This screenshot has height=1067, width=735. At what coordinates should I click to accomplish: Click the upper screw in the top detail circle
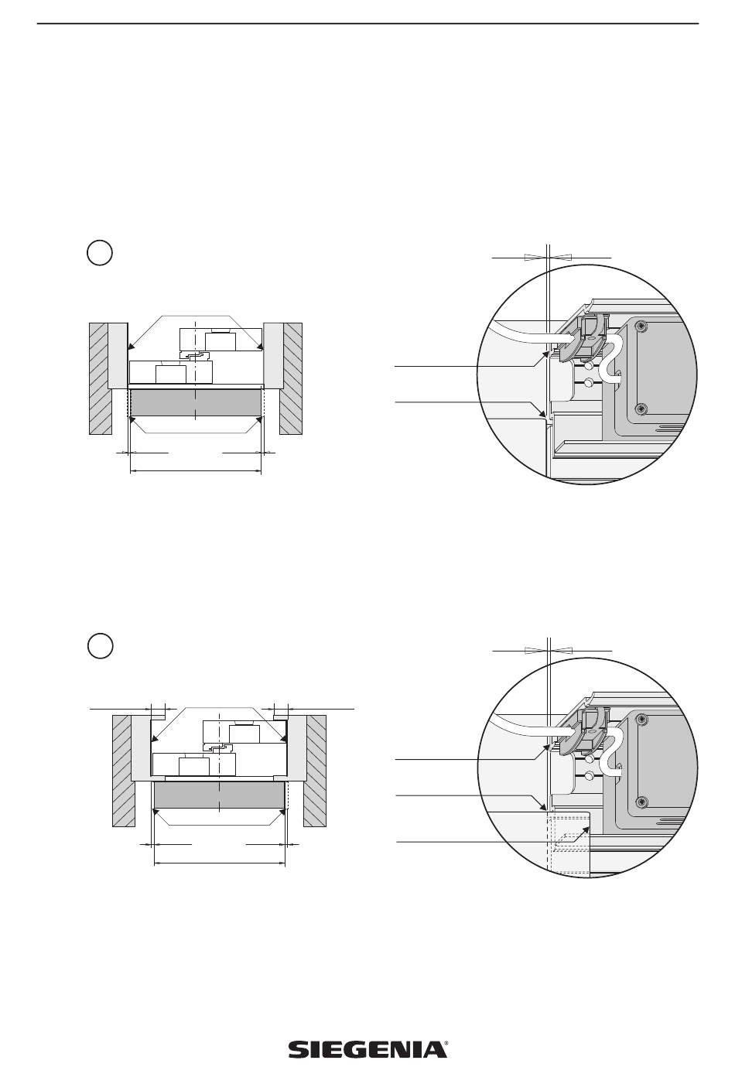(640, 328)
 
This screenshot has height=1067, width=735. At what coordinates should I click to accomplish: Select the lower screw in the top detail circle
(640, 408)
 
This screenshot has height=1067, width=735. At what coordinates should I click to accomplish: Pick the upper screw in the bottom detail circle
(641, 720)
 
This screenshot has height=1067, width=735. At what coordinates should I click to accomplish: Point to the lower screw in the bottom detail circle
(641, 800)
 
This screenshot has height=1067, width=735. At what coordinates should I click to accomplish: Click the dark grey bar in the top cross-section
(196, 402)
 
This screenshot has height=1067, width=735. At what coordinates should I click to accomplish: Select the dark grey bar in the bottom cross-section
(220, 795)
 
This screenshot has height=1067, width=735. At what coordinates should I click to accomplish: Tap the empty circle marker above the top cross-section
(100, 253)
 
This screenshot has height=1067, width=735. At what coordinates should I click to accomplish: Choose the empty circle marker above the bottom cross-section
(100, 645)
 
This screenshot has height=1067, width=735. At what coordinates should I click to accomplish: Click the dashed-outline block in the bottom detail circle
(569, 843)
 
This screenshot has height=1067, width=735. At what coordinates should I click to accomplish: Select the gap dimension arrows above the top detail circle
(547, 255)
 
